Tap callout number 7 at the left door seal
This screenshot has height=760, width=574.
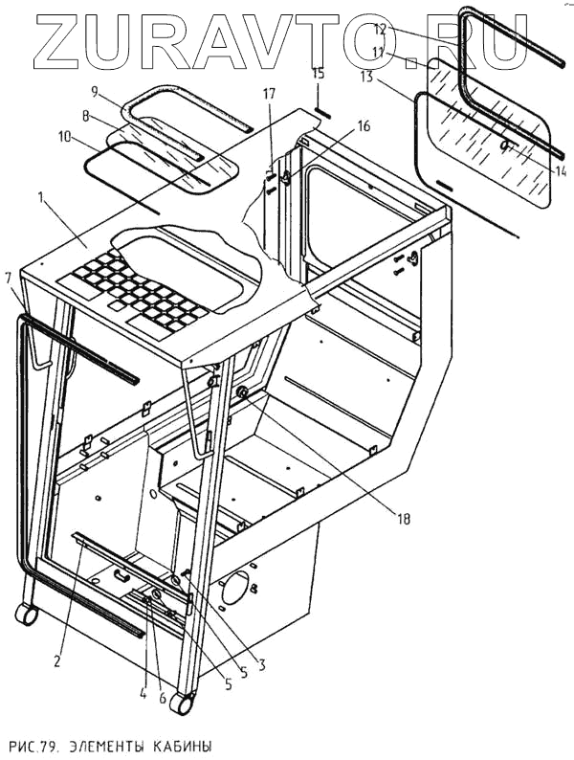pyautogui.click(x=9, y=278)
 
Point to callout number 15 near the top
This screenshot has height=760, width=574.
pyautogui.click(x=319, y=73)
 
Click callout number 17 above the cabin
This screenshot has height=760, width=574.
pyautogui.click(x=269, y=94)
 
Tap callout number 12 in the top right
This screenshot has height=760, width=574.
pyautogui.click(x=379, y=30)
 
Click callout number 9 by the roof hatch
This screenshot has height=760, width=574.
pyautogui.click(x=95, y=92)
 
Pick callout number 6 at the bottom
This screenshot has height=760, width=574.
pyautogui.click(x=164, y=699)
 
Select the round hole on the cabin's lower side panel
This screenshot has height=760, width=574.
pyautogui.click(x=233, y=591)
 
